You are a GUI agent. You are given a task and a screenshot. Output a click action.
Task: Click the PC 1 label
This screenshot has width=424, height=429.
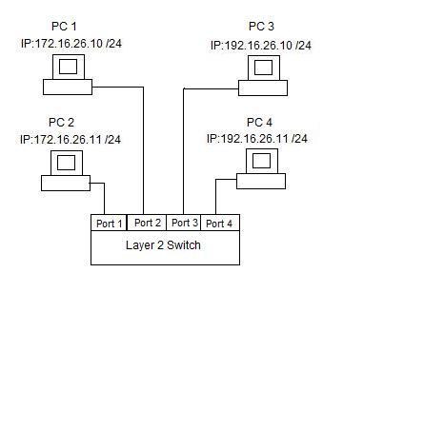[x=64, y=26]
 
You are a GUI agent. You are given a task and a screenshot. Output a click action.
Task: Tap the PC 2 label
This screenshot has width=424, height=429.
[x=61, y=122]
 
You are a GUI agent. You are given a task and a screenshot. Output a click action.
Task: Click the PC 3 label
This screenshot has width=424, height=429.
[x=261, y=27]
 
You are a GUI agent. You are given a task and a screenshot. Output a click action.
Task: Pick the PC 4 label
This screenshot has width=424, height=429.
[x=259, y=122]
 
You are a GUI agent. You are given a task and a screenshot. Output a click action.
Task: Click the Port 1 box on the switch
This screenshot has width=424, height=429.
[x=109, y=223]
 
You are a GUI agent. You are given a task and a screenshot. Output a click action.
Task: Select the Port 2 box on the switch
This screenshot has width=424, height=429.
[x=147, y=223]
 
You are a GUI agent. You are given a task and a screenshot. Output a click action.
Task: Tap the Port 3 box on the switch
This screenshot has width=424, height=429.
[x=184, y=223]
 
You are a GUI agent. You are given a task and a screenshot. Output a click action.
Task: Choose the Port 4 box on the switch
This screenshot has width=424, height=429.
[x=220, y=223]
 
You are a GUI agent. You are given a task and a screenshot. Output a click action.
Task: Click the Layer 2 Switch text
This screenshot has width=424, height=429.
[x=163, y=245]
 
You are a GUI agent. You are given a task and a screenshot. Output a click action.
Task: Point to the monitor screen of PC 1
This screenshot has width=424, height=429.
[x=69, y=67]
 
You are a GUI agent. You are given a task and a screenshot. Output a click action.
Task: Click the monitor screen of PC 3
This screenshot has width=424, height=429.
[x=264, y=68]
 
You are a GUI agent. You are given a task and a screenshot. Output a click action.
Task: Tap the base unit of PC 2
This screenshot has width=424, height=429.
[x=66, y=184]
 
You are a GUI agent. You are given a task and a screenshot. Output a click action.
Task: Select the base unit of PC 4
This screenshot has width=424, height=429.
[x=261, y=182]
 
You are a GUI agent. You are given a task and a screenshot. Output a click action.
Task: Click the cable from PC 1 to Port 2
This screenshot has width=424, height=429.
[x=144, y=125]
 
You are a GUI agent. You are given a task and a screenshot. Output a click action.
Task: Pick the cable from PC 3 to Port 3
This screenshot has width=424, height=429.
[x=184, y=125]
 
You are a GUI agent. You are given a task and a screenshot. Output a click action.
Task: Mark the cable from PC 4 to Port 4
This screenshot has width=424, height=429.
[x=216, y=186]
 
